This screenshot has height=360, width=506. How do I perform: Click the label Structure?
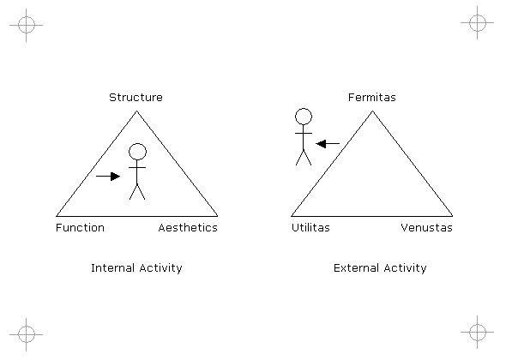click(136, 98)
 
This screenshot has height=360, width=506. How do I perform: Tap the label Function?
click(80, 228)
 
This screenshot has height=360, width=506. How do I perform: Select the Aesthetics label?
click(188, 228)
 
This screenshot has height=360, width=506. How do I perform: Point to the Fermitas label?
click(371, 98)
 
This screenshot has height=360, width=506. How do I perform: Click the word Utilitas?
click(310, 228)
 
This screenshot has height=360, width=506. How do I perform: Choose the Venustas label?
click(426, 228)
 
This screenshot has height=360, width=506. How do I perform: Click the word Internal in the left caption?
click(113, 268)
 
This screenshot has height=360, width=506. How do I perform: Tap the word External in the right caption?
click(356, 268)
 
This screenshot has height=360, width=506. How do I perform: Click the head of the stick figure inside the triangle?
click(137, 152)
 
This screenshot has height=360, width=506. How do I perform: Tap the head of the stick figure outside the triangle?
click(304, 117)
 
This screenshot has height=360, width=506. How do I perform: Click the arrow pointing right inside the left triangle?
click(108, 176)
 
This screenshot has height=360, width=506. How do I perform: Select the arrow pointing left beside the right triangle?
click(328, 143)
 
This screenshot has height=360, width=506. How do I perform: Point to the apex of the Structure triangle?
click(137, 111)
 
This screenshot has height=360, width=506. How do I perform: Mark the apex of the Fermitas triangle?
click(372, 111)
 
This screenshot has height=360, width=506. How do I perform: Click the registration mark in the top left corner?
click(26, 25)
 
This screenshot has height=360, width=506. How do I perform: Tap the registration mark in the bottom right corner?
click(478, 332)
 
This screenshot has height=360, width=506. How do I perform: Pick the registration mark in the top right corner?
click(478, 22)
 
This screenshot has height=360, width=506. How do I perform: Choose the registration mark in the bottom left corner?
click(26, 334)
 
